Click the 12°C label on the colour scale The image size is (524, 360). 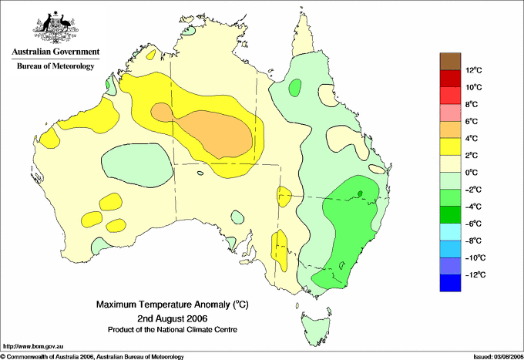pos(474,70)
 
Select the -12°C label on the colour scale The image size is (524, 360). pos(475,274)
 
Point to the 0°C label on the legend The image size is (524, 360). pos(472,173)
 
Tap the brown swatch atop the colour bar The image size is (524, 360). pos(450,62)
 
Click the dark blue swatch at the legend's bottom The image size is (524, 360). pos(450,283)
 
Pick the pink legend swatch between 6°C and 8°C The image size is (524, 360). pos(450,113)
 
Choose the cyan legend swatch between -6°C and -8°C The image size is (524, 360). pos(450,232)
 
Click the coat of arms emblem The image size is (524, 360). pos(55,27)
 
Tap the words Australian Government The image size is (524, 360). pos(55,52)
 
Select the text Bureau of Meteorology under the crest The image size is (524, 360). pos(55,66)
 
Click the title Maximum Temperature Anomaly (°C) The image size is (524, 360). pos(173,304)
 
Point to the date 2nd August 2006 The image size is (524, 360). pos(173,318)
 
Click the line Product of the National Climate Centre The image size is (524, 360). pos(173,330)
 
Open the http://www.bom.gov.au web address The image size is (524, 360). pos(33,347)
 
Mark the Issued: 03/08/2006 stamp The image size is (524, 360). pos(499,357)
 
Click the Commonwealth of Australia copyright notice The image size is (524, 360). pos(92,357)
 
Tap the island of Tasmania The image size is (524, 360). pos(316,328)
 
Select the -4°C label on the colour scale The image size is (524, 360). pos(473,207)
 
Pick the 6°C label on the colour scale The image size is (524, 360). pos(472,121)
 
